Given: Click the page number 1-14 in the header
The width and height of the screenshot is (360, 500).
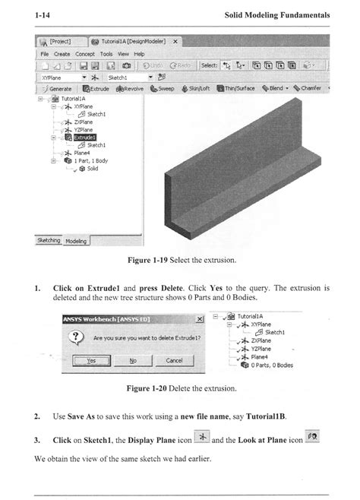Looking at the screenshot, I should point(42,15).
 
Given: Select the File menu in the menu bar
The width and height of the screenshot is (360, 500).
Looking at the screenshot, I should point(45,54).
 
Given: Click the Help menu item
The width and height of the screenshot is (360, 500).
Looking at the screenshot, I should point(139,54).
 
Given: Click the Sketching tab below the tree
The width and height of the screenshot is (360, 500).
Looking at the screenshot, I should point(49,240).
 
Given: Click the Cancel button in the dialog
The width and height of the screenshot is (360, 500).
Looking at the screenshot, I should point(174,360).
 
